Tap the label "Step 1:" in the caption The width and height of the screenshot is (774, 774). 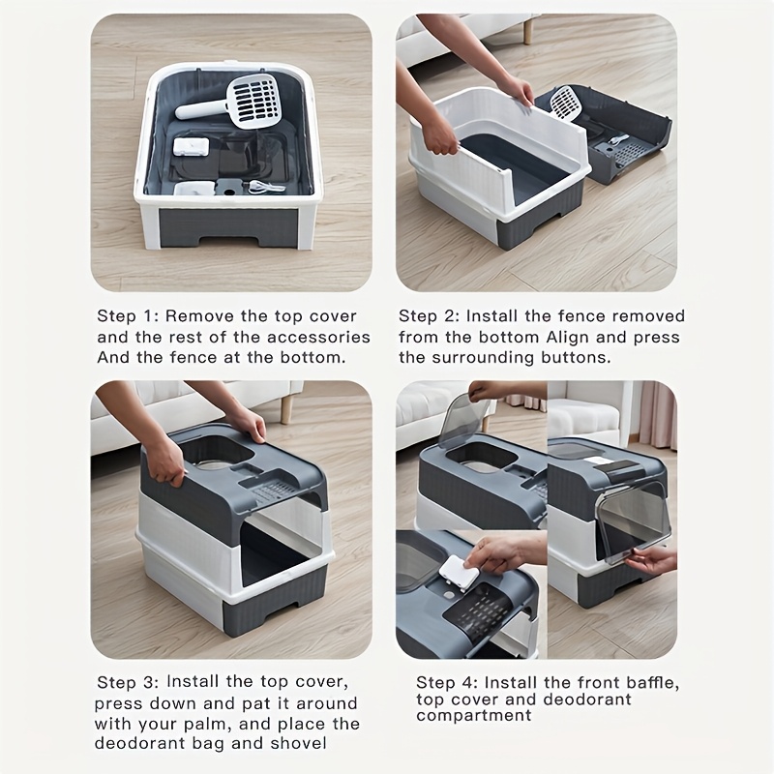[x=128, y=316]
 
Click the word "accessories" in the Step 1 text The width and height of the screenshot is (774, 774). [x=318, y=337]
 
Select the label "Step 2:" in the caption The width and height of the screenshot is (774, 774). [x=429, y=316]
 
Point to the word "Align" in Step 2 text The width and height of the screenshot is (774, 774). [x=568, y=338]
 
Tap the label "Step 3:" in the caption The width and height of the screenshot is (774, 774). [x=128, y=683]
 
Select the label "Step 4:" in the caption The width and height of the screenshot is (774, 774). [x=447, y=683]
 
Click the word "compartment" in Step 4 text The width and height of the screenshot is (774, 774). [x=474, y=715]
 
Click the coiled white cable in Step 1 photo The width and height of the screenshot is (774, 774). [x=268, y=186]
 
